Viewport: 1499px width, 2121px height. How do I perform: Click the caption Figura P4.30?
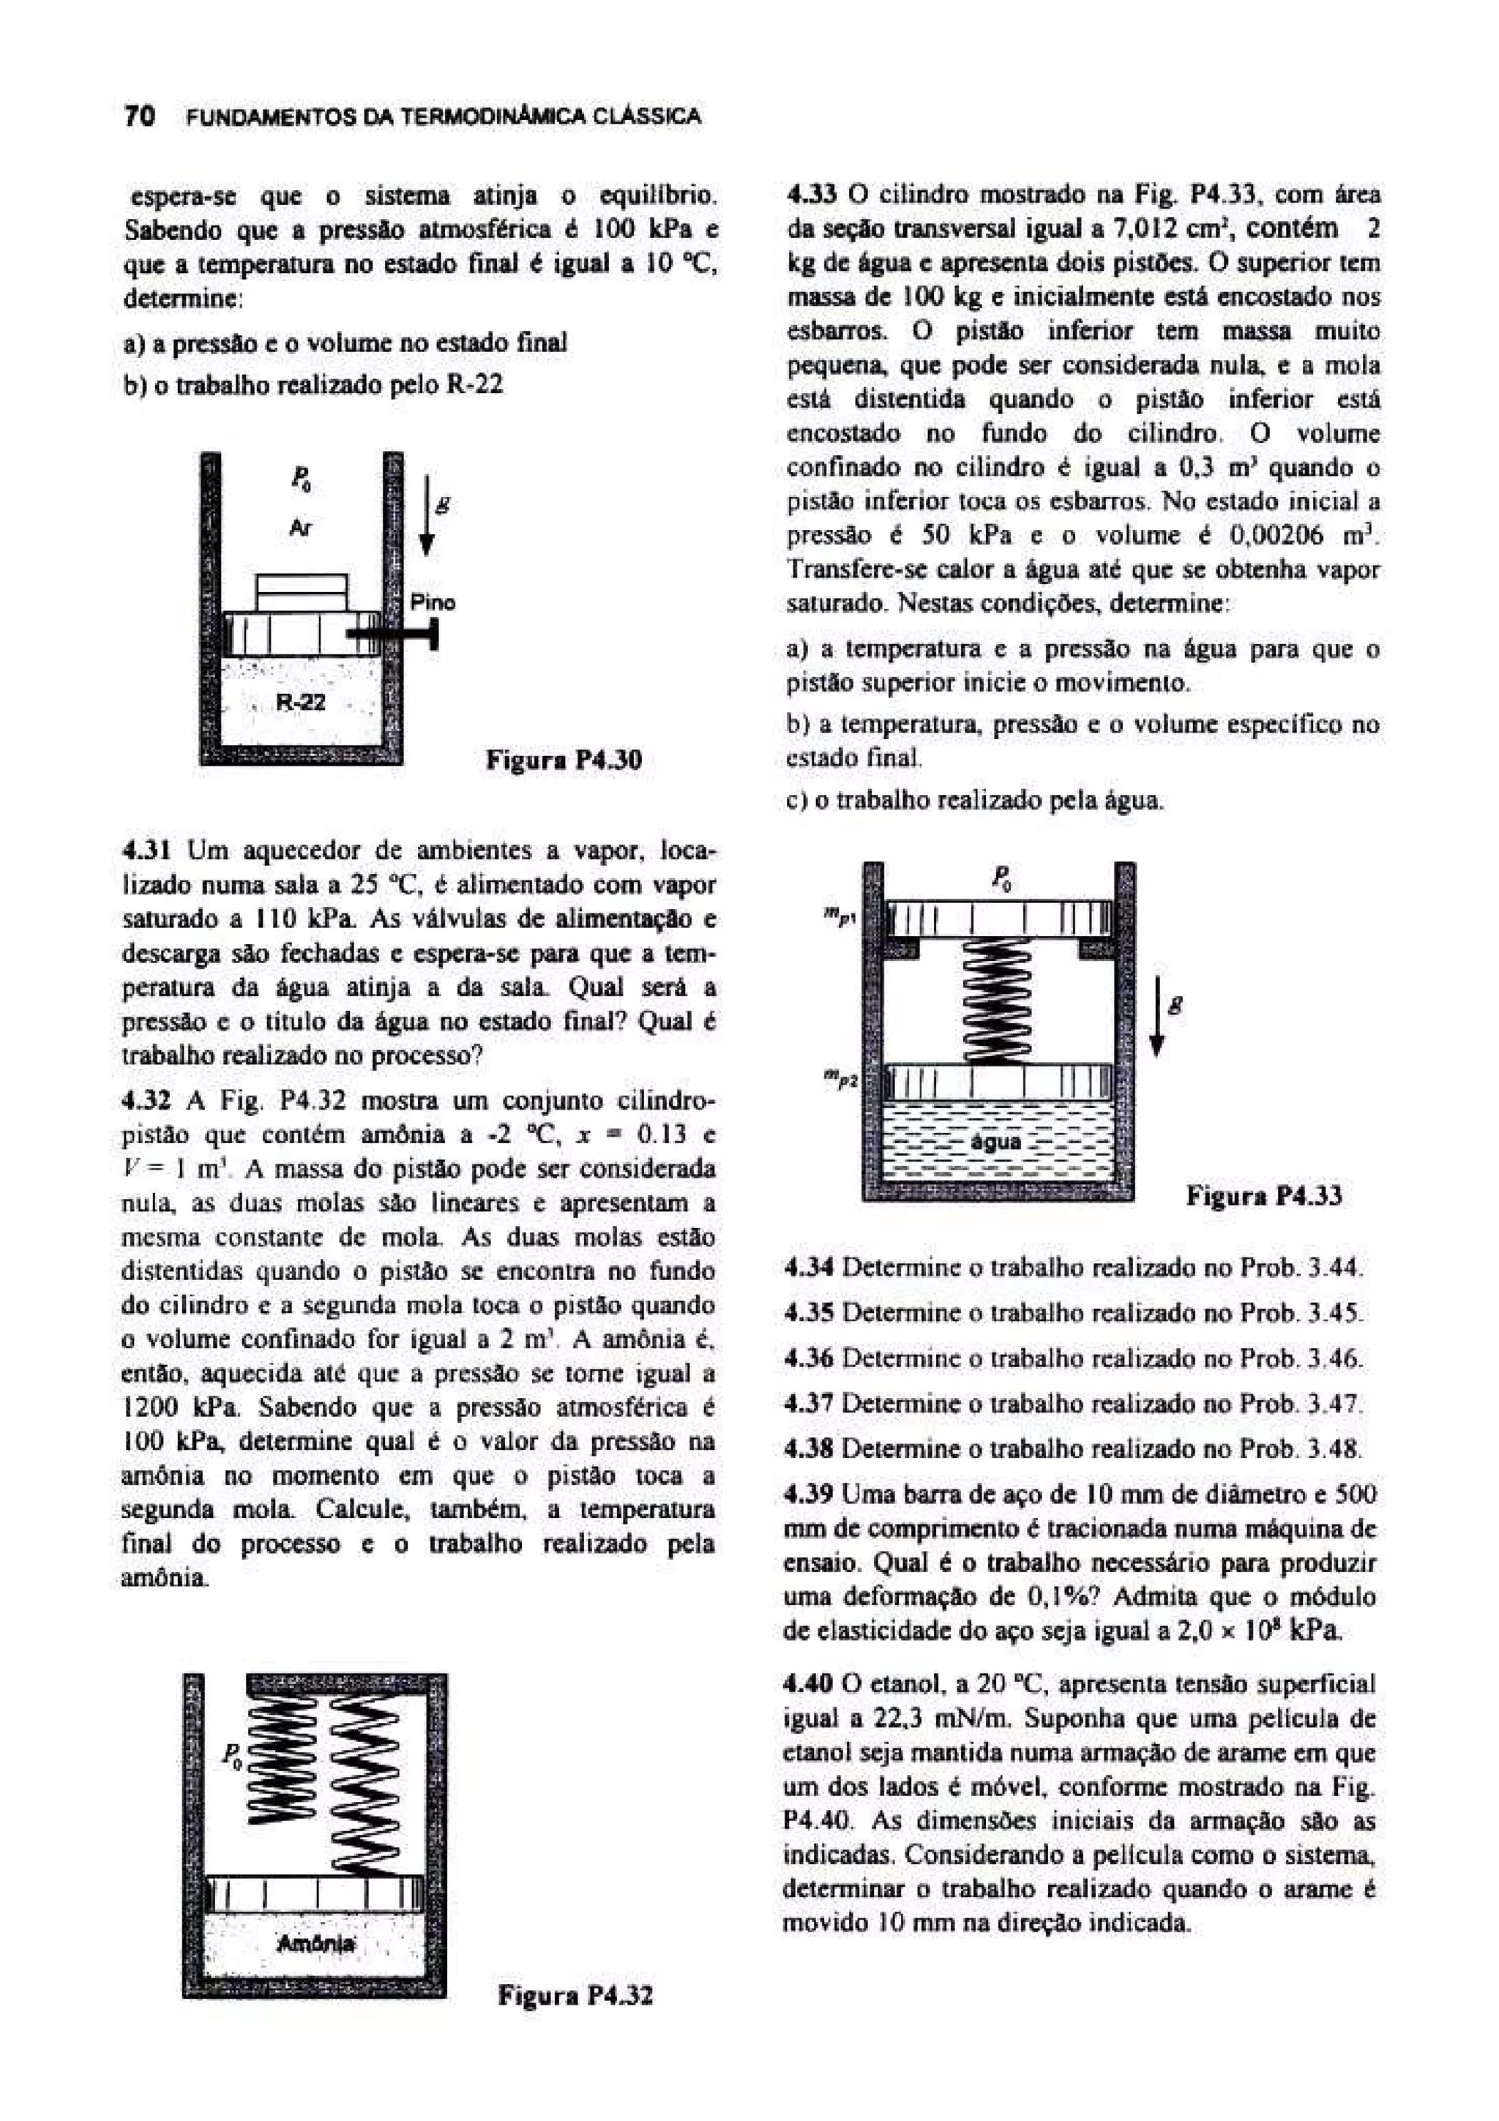click(x=564, y=760)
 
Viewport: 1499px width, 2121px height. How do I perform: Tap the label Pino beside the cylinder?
click(x=433, y=602)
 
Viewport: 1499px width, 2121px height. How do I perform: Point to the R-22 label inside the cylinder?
click(x=301, y=702)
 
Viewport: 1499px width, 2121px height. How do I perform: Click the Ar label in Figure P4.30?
click(x=300, y=528)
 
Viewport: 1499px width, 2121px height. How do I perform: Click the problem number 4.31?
click(x=148, y=850)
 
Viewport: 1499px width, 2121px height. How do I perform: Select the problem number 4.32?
click(x=148, y=1101)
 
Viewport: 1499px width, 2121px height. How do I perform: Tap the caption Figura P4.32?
click(x=575, y=1994)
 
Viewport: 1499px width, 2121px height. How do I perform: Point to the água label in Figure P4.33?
click(x=997, y=1142)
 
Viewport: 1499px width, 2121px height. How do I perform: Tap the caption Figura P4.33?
click(x=1263, y=1197)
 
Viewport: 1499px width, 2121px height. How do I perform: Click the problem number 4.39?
click(x=808, y=1494)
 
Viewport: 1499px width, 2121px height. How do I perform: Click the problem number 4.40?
click(x=808, y=1683)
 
